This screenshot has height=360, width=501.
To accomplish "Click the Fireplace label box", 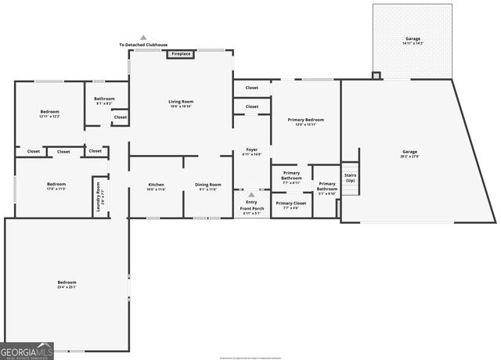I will [181, 54].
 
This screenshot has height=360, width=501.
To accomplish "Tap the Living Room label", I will [181, 103].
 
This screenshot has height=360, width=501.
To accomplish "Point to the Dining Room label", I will [208, 187].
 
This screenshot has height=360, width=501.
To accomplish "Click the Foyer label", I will [252, 152].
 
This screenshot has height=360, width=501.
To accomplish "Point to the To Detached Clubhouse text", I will [143, 45].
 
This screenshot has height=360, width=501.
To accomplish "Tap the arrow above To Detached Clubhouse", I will [143, 37].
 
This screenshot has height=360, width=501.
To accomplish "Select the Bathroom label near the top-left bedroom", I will [104, 101].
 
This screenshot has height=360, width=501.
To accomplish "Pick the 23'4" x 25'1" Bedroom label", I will [67, 283].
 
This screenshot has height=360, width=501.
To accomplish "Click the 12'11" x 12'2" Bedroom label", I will [50, 114].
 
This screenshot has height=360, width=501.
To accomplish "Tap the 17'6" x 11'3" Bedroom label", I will [51, 186].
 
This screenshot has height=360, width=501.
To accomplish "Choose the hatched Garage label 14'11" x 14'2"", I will [412, 41].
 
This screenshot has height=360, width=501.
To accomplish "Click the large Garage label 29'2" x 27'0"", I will [410, 154].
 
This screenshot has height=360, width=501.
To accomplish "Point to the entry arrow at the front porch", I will [251, 195].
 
